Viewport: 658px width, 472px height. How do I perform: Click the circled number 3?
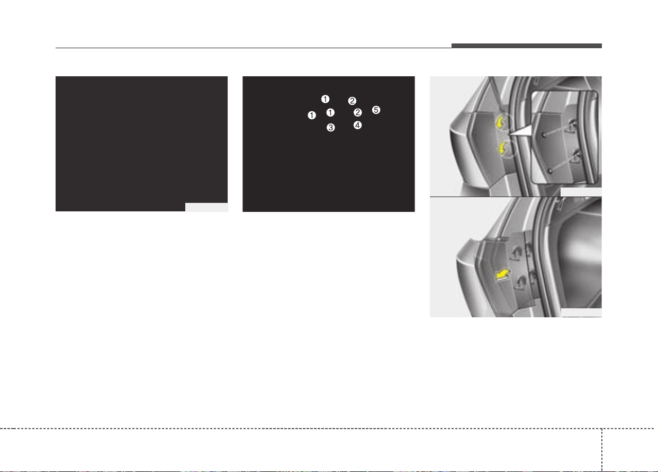tap(331, 128)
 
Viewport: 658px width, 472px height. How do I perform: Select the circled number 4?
tap(357, 125)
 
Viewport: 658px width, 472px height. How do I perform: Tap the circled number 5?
tap(376, 110)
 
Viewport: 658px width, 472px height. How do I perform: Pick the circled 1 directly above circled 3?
tap(330, 112)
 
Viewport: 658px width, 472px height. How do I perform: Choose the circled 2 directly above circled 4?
tap(357, 112)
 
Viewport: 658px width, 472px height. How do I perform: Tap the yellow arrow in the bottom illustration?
tap(503, 274)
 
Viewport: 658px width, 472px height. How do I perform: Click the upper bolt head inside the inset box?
tap(544, 135)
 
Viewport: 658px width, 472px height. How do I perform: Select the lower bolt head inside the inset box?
tap(550, 171)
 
